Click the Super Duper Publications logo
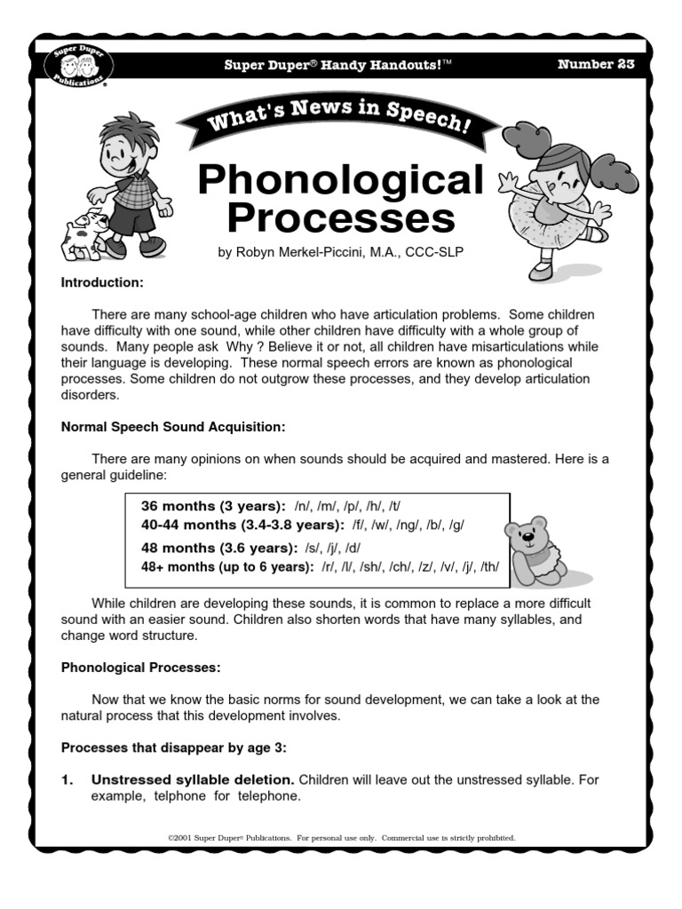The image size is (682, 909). pos(75,67)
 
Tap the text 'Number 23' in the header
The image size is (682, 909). pos(597,65)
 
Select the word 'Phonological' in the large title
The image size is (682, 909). pos(341,180)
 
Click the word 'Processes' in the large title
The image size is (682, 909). pos(341,217)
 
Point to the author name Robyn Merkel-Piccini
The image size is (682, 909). pos(341,253)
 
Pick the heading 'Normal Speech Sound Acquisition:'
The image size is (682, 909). pos(173,427)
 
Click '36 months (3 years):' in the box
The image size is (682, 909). pos(213,505)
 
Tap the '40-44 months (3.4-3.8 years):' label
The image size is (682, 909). pos(242,525)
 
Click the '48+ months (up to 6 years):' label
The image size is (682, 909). pos(227,567)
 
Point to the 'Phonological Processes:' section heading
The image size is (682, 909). pos(140,666)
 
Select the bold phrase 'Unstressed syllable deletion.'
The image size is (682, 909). pos(193,779)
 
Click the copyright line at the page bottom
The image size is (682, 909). pos(341,837)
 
